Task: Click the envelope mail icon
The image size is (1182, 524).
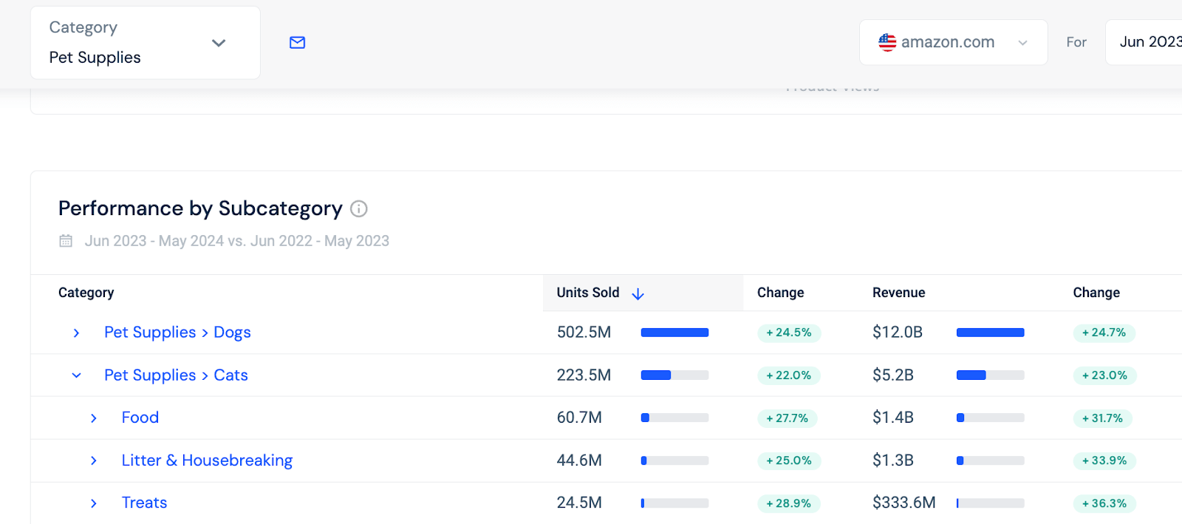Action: click(x=297, y=43)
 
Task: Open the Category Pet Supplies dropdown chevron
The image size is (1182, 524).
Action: click(x=219, y=43)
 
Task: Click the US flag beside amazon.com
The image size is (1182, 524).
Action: click(x=887, y=42)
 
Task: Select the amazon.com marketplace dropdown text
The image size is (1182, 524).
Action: click(x=948, y=42)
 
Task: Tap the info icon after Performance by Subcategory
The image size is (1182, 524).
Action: click(x=359, y=209)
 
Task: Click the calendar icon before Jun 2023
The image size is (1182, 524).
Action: click(x=66, y=241)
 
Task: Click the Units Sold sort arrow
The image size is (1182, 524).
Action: click(x=638, y=294)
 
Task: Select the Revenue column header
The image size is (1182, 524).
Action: click(x=898, y=293)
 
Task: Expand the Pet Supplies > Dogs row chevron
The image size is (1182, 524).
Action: click(x=76, y=333)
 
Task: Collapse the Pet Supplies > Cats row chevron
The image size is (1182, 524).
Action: click(x=76, y=375)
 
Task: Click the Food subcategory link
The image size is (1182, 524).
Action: click(x=140, y=418)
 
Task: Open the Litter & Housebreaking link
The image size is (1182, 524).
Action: click(x=207, y=460)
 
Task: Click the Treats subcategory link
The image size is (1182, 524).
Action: click(x=144, y=503)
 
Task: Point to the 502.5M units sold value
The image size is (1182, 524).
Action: click(x=584, y=333)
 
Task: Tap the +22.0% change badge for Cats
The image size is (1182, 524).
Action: click(x=789, y=375)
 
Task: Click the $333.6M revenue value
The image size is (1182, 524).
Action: click(x=903, y=503)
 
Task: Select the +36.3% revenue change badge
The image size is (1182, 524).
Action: click(x=1104, y=503)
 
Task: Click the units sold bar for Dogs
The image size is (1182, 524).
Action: click(x=674, y=333)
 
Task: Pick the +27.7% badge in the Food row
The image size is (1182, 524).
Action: click(x=788, y=418)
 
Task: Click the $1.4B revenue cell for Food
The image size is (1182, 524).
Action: click(x=892, y=418)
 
